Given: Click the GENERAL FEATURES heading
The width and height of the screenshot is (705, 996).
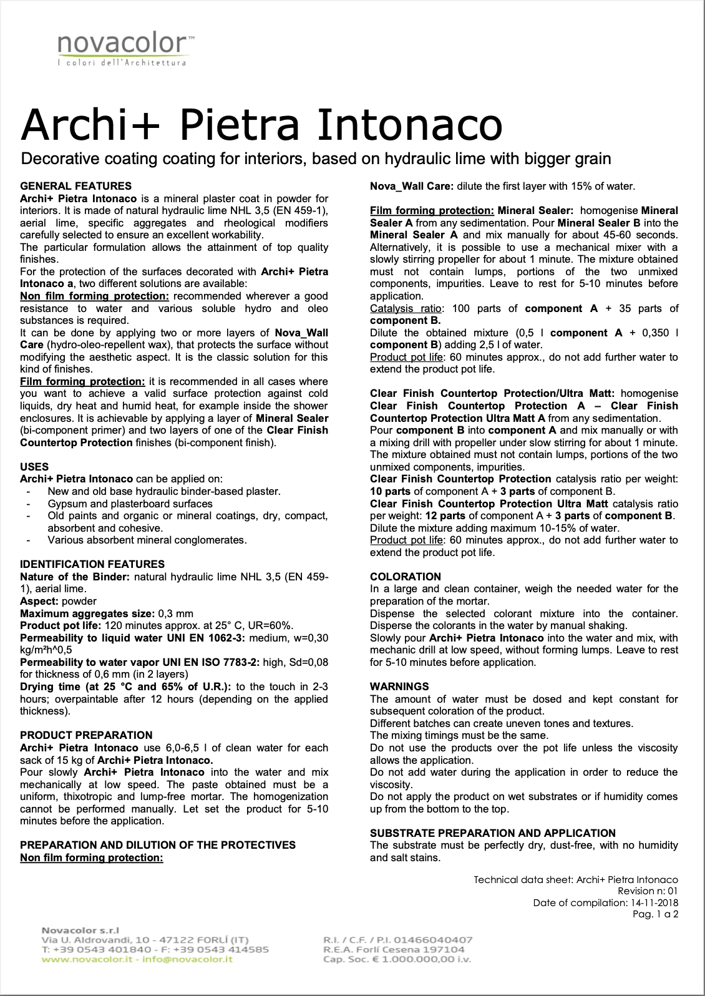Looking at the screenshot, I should (75, 186).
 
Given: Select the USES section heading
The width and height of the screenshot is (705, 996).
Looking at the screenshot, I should (34, 467).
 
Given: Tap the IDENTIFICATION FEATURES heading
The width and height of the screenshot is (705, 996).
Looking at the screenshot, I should (92, 564).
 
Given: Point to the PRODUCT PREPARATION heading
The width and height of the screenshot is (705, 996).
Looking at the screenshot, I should (86, 735).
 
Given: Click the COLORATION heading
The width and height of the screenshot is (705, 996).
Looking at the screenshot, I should (406, 577).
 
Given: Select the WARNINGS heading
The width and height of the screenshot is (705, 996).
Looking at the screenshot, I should (399, 686).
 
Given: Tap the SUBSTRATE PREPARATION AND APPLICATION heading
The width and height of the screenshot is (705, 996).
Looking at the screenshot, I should (492, 833).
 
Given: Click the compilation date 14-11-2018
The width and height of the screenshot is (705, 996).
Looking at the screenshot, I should (654, 902).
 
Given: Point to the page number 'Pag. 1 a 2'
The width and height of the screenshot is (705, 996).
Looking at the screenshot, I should (655, 914).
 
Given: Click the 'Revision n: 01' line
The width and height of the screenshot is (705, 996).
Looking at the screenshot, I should (648, 891).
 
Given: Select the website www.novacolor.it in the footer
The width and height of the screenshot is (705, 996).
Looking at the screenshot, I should (87, 959).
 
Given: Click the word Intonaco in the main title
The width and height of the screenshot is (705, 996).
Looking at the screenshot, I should (410, 125).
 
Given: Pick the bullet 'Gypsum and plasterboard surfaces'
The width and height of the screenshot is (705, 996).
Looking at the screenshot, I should (130, 504).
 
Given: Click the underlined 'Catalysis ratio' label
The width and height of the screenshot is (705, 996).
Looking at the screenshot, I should (406, 308).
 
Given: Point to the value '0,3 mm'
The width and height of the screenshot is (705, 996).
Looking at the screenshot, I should (177, 613).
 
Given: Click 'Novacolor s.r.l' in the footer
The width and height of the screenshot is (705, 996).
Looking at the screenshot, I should (80, 930).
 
